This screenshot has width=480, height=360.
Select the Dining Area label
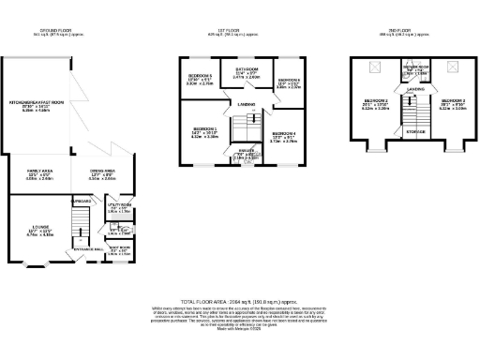click(102, 170)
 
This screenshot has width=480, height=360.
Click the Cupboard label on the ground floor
click(79, 199)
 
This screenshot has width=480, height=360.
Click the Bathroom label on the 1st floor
click(247, 69)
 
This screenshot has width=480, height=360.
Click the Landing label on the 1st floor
click(247, 104)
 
